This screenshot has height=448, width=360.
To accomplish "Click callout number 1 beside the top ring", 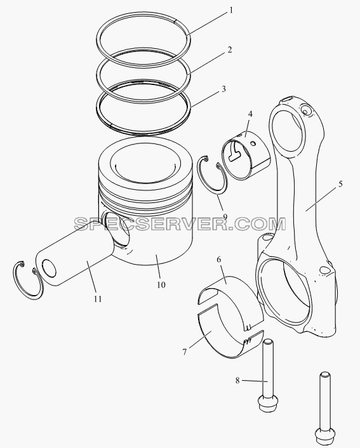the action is point(231,11).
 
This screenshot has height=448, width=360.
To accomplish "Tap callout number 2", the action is point(230,50).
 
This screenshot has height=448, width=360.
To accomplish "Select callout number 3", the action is point(223,89).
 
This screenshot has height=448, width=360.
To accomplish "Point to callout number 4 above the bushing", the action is point(250,114).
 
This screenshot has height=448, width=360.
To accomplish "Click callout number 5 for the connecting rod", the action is point(340,184).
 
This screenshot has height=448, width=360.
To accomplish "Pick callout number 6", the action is point(219,260).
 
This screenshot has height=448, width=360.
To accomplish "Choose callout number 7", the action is point(185,352).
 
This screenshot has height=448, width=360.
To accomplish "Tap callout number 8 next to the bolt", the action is point(237,380).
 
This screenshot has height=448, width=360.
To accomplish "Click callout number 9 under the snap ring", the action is point(225,217).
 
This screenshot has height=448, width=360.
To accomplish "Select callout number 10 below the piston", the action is point(161,284).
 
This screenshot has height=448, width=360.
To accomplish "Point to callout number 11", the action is point(98,299).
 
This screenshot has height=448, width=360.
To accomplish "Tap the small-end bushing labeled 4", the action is point(246,155).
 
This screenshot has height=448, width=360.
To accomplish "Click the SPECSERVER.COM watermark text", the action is point(180,224).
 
